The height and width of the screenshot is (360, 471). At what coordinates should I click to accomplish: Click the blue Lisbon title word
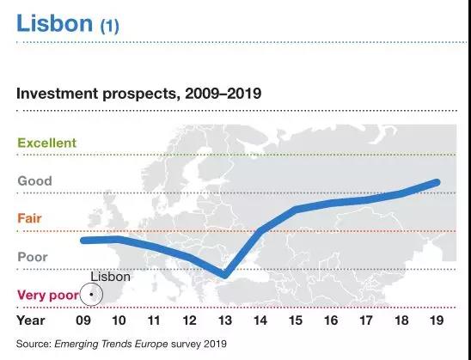click(x=54, y=23)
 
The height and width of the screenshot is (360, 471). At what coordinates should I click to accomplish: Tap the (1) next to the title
click(x=110, y=26)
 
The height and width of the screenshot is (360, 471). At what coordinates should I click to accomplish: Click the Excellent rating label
click(x=47, y=143)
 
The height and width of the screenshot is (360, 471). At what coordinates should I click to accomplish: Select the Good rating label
click(x=35, y=180)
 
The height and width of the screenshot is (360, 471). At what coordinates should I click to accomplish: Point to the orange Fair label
click(x=29, y=218)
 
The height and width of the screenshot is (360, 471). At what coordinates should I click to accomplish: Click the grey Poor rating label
click(x=33, y=257)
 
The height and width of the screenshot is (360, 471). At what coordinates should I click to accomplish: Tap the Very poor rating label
click(x=48, y=296)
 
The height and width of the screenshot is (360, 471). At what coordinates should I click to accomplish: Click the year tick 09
click(x=83, y=320)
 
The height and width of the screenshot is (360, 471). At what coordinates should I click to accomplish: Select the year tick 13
click(x=225, y=320)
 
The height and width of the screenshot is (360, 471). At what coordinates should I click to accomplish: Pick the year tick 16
click(x=331, y=320)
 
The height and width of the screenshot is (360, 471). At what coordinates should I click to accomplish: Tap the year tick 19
click(x=437, y=320)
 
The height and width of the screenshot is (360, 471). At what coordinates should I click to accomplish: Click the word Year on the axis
click(x=31, y=320)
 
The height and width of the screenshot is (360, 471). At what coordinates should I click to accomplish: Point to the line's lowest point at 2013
click(x=224, y=274)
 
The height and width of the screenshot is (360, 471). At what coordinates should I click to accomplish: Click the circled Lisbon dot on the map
click(x=91, y=295)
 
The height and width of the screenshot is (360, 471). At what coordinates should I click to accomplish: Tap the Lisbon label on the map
click(x=111, y=277)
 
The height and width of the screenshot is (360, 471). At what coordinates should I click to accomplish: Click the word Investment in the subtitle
click(x=57, y=94)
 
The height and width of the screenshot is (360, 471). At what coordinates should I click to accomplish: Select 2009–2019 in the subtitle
click(x=223, y=94)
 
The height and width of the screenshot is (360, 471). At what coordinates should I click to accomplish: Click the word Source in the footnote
click(x=34, y=344)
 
